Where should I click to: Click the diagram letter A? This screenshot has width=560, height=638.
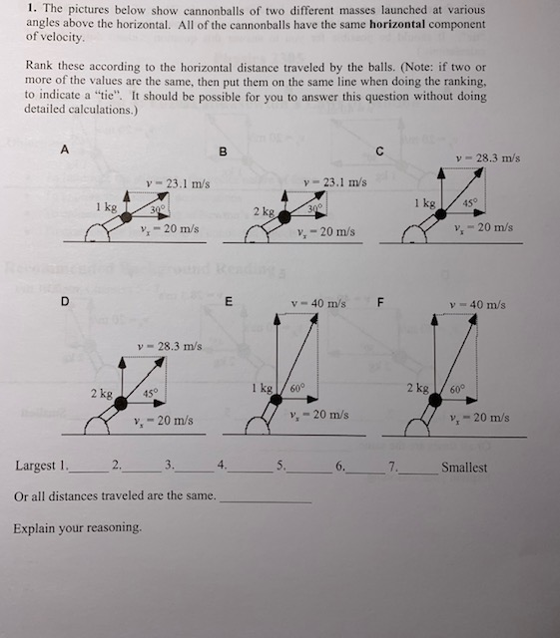[65, 150]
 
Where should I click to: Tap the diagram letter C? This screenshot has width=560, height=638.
[379, 151]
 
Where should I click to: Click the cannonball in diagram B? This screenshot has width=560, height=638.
[284, 216]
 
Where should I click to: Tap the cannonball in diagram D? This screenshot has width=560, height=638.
[121, 401]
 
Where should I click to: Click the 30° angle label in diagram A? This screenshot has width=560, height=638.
[158, 210]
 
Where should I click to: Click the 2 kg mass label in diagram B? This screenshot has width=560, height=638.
[264, 211]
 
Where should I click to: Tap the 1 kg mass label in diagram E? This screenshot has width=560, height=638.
[264, 387]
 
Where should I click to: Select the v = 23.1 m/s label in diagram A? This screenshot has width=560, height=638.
[177, 182]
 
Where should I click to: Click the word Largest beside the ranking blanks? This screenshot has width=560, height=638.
[35, 466]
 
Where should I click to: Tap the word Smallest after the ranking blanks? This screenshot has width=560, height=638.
[464, 467]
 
